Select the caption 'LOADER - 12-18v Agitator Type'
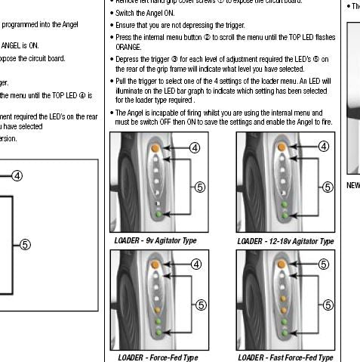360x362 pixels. coord(285,241)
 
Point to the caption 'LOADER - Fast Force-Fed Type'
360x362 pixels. coord(285,357)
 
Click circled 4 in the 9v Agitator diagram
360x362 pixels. coord(195,147)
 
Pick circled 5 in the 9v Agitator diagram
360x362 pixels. coord(200,187)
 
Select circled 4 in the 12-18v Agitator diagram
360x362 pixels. coord(325,147)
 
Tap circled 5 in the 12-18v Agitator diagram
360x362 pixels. coord(326,187)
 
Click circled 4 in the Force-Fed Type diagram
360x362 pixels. coord(195,264)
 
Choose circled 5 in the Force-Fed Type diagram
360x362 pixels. coord(200,305)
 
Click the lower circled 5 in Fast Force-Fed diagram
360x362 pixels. coord(326,305)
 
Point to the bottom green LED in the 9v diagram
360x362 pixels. coord(157,215)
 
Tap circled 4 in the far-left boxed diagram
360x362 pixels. coord(17,176)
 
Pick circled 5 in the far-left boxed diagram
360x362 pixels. coord(25,243)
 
